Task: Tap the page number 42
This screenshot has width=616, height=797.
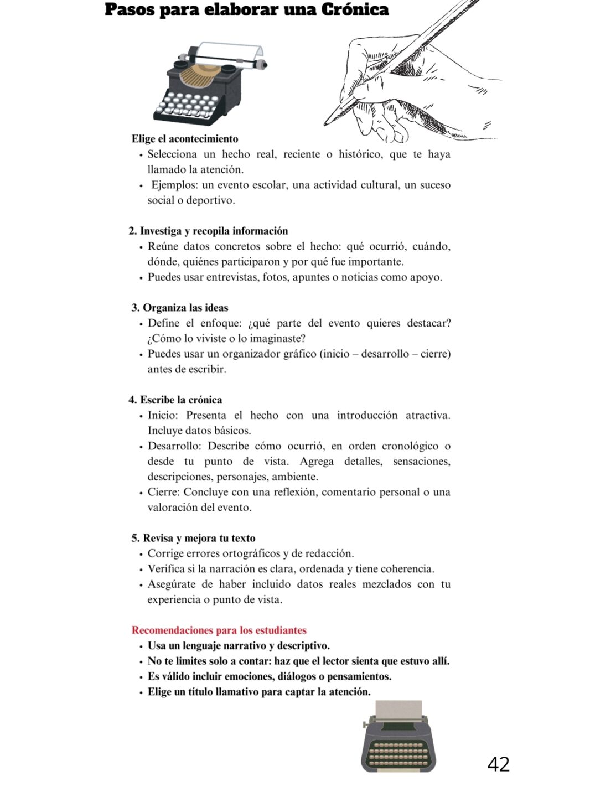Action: [x=498, y=764]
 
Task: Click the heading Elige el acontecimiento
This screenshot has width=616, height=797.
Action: [x=185, y=139]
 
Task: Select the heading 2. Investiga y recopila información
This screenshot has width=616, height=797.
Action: [x=208, y=231]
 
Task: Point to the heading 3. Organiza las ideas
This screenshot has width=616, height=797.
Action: [x=180, y=308]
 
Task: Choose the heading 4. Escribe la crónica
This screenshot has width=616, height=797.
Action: [x=175, y=400]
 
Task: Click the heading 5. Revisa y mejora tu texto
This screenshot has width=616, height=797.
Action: [x=193, y=538]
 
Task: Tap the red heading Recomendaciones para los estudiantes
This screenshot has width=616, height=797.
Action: [x=219, y=630]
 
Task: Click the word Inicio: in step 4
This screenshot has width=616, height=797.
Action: [x=163, y=415]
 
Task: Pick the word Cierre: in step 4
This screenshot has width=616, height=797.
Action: [x=164, y=492]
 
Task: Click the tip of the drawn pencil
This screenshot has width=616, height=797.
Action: [x=327, y=123]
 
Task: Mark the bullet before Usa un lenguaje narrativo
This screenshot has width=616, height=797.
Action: [x=142, y=646]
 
